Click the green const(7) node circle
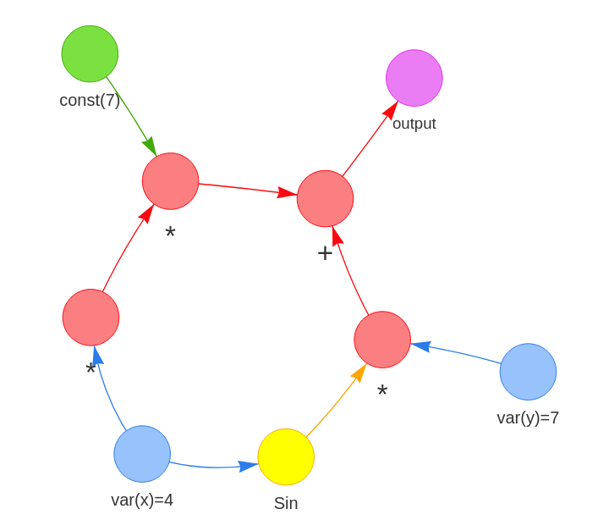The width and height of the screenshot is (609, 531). click(x=90, y=53)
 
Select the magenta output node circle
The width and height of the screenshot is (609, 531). click(x=414, y=78)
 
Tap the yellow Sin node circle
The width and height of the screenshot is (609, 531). click(x=286, y=456)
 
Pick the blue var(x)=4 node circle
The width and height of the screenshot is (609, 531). click(x=142, y=454)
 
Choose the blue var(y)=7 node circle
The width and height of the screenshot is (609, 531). click(x=528, y=372)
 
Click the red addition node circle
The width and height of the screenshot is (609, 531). click(x=325, y=198)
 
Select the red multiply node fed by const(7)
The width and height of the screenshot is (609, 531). click(x=170, y=181)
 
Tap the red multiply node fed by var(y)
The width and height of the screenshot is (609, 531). click(x=382, y=340)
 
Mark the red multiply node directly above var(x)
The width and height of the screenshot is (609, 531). click(x=91, y=318)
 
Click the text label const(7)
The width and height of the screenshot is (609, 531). click(x=90, y=100)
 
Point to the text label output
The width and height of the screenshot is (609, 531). click(x=414, y=124)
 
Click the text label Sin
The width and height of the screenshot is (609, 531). click(x=286, y=503)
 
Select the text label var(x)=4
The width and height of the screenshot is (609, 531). click(x=142, y=500)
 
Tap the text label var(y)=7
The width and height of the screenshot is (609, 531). click(x=528, y=418)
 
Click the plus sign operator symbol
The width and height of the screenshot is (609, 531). click(x=325, y=253)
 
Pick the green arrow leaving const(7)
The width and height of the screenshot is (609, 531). click(x=131, y=115)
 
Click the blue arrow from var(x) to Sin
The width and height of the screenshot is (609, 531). click(x=211, y=467)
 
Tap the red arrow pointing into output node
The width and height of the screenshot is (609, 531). click(x=369, y=140)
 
